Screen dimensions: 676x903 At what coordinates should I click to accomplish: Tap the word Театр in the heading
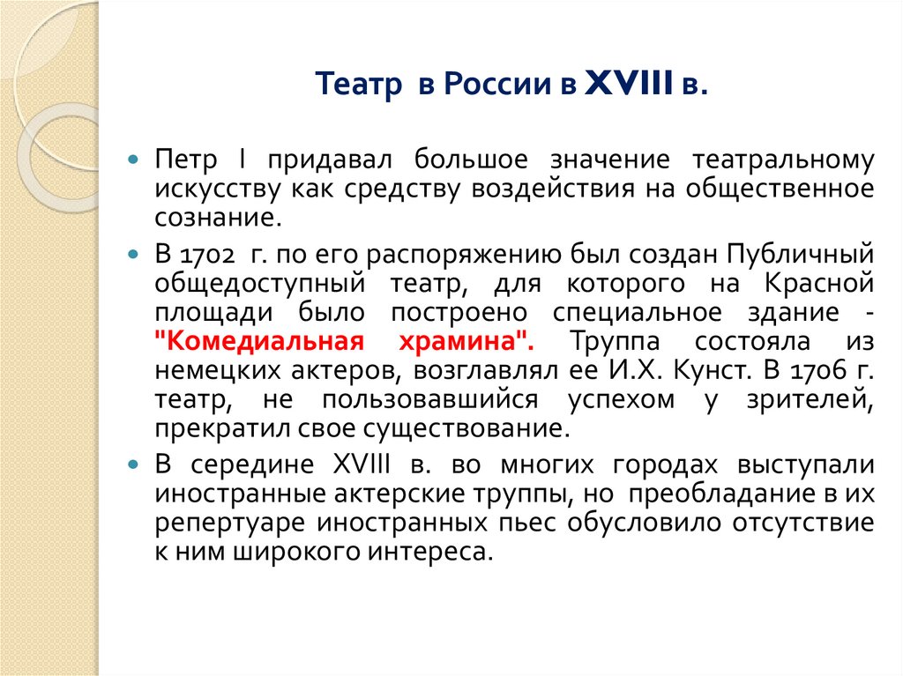coord(352,86)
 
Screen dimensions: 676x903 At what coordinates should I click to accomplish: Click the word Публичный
coord(802,255)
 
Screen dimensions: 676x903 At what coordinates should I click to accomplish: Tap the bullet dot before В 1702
coord(133,256)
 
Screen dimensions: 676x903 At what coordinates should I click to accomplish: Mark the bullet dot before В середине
coord(133,465)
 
